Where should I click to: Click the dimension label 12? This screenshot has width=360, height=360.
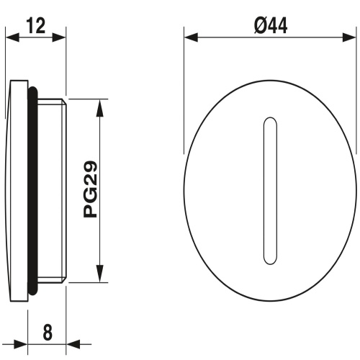[36, 26]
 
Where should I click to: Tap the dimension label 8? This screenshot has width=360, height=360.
[48, 332]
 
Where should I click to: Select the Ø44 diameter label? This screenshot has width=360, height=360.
[271, 26]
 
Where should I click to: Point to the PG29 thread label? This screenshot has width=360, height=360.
[90, 189]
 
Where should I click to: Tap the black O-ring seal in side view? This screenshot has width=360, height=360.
[32, 191]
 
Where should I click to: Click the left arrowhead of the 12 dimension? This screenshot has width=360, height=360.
[12, 37]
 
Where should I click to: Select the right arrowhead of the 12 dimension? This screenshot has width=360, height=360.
[59, 37]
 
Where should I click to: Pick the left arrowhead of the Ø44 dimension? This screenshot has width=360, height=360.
[191, 37]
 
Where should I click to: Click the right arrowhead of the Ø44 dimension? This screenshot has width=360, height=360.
[349, 37]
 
